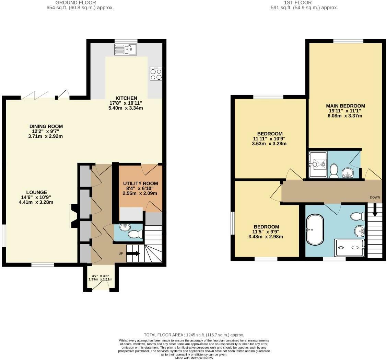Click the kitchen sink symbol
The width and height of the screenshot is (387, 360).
[x=126, y=50]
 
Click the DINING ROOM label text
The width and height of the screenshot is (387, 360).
[x=46, y=126]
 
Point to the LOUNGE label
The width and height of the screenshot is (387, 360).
[x=37, y=192]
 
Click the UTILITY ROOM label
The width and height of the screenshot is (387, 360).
[x=140, y=183]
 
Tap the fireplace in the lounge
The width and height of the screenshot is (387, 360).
[x=73, y=216]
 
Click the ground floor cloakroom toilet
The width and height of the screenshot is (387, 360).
[x=135, y=234]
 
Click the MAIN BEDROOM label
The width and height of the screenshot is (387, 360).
[x=345, y=106]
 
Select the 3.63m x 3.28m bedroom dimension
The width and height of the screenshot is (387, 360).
[x=269, y=144]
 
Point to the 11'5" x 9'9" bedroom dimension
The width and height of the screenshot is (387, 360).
[x=266, y=232]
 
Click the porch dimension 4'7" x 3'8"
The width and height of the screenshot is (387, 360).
[x=100, y=275]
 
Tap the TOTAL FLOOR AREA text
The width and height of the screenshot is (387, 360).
[x=194, y=335]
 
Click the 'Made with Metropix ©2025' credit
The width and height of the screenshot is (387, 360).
[x=194, y=358]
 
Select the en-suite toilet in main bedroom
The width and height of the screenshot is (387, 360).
[x=334, y=170]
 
